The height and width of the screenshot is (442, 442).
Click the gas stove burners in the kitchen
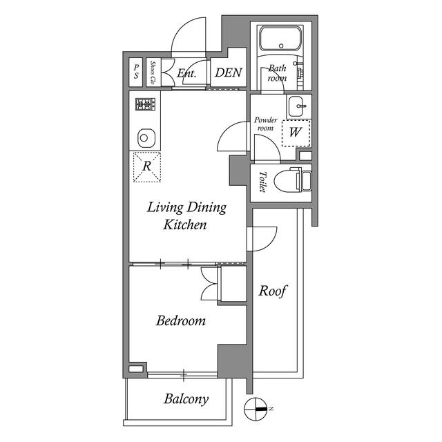pyautogui.click(x=145, y=104)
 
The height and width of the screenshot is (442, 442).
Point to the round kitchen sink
pyautogui.click(x=145, y=137)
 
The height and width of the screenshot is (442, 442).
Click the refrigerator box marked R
pyautogui.click(x=146, y=166)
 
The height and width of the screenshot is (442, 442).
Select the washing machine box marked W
pyautogui.click(x=295, y=132)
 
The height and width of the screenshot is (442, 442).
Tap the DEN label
pyautogui.click(x=228, y=73)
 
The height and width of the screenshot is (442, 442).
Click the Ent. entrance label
pyautogui.click(x=186, y=73)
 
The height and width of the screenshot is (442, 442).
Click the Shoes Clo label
pyautogui.click(x=153, y=72)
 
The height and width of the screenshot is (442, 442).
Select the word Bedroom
pyautogui.click(x=180, y=320)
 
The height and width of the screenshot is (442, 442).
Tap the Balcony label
pyautogui.click(x=186, y=398)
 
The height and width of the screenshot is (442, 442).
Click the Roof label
pyautogui.click(x=273, y=291)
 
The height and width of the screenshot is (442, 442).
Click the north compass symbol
pyautogui.click(x=256, y=410)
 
